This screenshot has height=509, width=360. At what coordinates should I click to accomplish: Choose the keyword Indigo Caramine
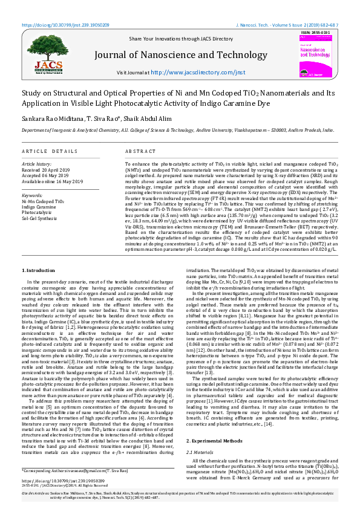40,207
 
